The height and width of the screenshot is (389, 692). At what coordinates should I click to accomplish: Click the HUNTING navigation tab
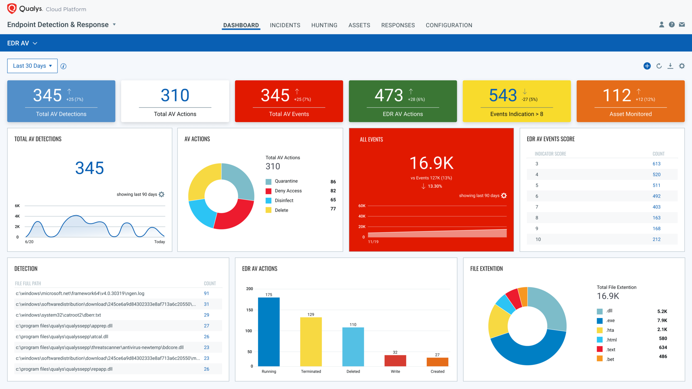pos(324,25)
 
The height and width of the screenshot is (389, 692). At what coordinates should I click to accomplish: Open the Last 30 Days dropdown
pos(33,66)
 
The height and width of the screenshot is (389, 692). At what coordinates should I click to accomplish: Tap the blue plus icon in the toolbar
pos(647,66)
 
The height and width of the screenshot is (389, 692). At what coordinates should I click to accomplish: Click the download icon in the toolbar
pos(670,66)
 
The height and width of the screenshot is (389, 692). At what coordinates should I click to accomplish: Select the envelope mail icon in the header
pos(682,25)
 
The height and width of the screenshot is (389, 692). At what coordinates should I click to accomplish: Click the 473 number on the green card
pos(389,95)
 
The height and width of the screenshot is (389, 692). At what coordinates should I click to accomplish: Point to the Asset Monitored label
pos(630,114)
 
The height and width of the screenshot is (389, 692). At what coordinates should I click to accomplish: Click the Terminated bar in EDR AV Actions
pos(311,342)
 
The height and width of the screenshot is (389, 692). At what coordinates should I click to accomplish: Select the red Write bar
pos(395,361)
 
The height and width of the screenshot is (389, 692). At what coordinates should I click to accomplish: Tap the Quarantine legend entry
pos(282,181)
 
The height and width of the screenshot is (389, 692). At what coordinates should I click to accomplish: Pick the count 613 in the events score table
pos(656,164)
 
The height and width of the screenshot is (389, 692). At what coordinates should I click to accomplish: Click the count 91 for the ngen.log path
pos(206,294)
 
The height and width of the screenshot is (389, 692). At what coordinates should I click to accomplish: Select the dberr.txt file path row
pos(58,315)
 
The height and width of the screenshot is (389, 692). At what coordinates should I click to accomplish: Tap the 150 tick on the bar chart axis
pos(249,310)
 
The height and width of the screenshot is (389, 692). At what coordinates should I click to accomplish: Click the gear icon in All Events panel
pos(504,196)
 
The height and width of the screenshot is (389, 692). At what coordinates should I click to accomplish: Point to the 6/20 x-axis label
pos(29,242)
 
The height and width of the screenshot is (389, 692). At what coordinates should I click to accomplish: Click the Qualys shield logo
pos(12,9)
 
